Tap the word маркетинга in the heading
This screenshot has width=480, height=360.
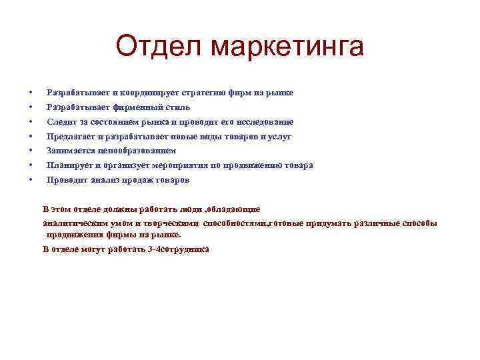tap(287, 47)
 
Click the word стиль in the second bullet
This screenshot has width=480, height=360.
tap(177, 107)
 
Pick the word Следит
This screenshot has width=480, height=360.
tap(60, 121)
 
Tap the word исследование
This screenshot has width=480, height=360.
tap(266, 121)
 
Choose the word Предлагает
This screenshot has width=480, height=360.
tap(70, 136)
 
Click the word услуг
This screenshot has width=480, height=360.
tap(279, 136)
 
